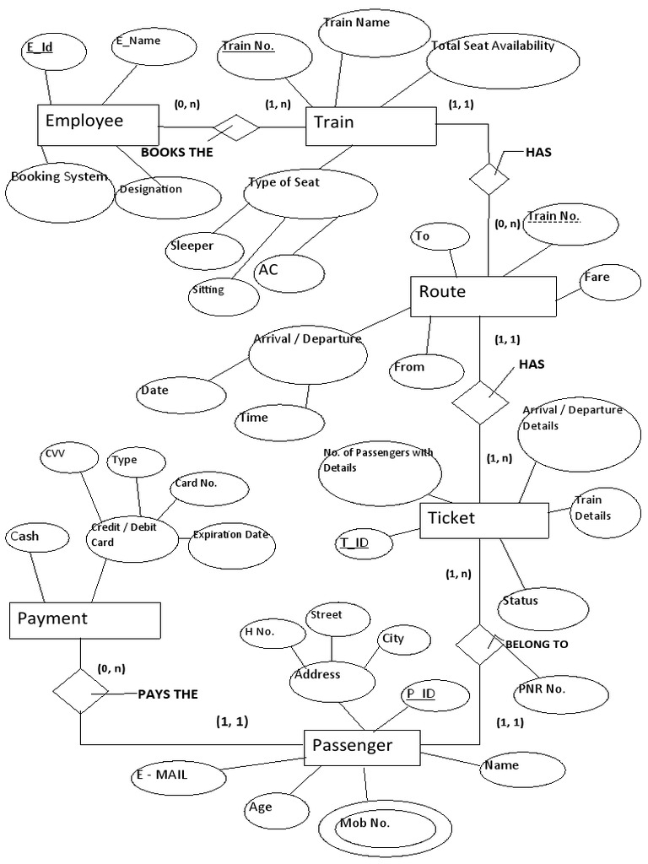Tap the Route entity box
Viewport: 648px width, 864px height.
[x=482, y=295]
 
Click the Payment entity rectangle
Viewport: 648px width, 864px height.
[x=85, y=620]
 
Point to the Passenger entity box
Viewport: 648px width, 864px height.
[x=361, y=746]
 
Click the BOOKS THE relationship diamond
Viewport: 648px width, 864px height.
[x=235, y=128]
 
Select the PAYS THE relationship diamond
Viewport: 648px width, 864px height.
[x=80, y=692]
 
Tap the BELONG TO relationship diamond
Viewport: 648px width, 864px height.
[x=478, y=645]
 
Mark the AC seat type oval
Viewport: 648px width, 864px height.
[x=289, y=273]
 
